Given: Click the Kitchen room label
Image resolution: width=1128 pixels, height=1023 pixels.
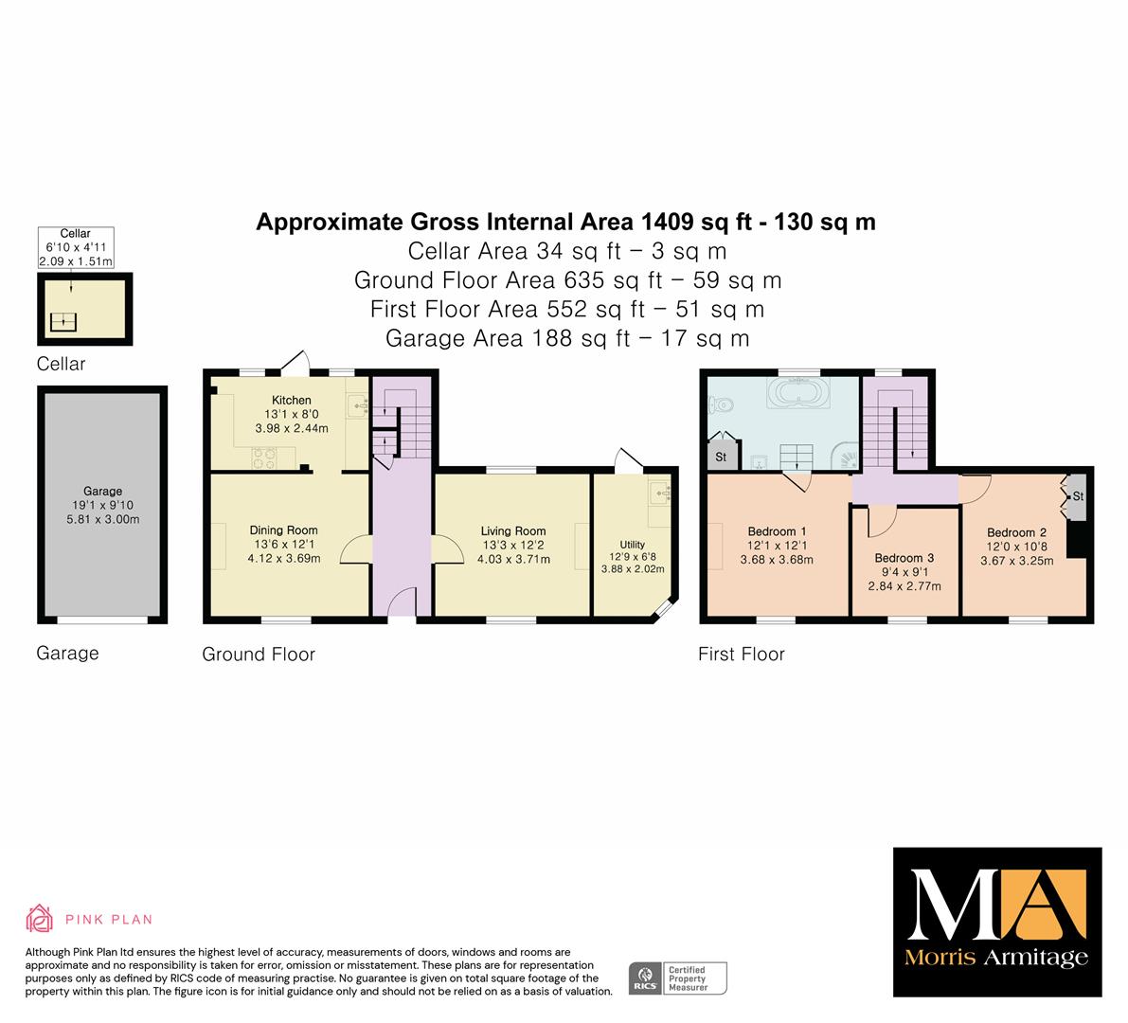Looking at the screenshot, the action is [x=292, y=400].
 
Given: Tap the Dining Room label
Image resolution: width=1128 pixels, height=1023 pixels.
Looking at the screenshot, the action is [x=283, y=530].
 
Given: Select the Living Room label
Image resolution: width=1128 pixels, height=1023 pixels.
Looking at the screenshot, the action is [x=513, y=531].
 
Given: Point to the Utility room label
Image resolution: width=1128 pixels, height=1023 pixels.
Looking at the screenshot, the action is [x=633, y=545].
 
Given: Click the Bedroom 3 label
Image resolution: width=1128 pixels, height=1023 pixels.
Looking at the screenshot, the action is [x=904, y=558].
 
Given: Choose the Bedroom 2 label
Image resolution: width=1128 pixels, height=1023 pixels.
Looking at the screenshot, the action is [x=1016, y=532].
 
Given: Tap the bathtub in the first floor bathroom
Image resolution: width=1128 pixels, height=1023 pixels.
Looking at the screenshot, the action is [x=799, y=393].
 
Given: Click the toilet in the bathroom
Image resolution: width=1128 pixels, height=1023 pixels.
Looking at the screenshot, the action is [x=721, y=405].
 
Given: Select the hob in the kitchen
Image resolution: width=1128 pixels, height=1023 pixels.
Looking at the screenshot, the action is [x=264, y=458].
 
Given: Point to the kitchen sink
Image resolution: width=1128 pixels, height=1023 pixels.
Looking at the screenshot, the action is [x=358, y=405].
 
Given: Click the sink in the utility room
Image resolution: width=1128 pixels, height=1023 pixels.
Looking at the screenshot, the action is [x=660, y=492].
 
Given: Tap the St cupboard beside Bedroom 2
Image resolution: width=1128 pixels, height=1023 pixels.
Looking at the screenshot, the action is [x=1077, y=496].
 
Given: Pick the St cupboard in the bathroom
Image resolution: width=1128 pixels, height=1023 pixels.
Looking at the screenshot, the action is [x=722, y=457].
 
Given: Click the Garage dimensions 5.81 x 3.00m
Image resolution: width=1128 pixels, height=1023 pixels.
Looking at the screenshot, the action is [x=103, y=519].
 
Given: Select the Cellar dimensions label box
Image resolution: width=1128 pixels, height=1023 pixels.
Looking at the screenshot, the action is [x=76, y=247].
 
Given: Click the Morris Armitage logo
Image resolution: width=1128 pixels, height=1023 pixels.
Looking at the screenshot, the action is [x=997, y=922].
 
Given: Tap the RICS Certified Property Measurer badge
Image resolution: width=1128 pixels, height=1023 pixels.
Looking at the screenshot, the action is [x=678, y=978].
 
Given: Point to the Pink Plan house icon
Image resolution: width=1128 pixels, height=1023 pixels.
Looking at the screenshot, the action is [x=39, y=918].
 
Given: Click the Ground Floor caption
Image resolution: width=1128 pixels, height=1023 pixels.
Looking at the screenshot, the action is [x=259, y=654].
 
